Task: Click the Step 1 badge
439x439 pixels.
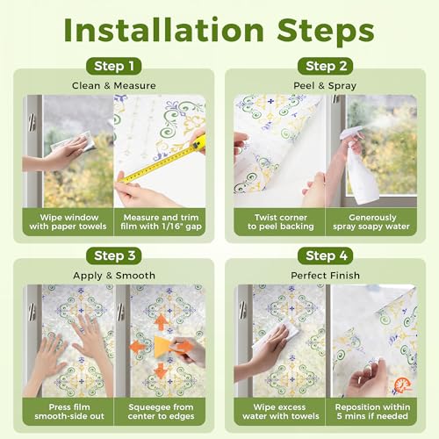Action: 114,66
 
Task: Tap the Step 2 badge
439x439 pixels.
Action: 325,66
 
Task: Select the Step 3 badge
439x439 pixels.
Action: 114,255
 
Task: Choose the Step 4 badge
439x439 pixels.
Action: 325,255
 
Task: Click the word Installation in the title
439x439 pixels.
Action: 164,31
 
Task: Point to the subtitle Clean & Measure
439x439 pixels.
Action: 114,86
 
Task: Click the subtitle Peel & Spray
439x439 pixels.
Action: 325,86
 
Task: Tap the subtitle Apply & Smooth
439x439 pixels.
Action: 114,276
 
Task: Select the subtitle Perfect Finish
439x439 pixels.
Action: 325,276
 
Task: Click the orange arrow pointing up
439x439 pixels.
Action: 161,323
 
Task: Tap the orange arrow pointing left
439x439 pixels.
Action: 138,347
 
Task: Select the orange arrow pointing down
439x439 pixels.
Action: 161,371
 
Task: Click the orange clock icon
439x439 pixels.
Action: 402,385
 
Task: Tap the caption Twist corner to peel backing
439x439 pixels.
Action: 281,222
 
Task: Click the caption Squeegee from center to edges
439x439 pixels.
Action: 161,412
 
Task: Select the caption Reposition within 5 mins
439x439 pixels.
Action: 372,412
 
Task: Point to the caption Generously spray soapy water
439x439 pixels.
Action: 371,222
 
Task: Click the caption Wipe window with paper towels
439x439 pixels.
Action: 68,222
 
